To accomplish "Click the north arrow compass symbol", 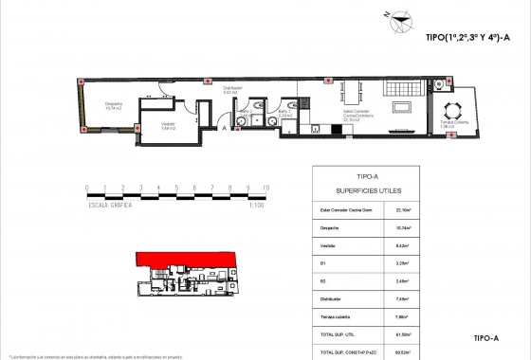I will pyautogui.click(x=405, y=16).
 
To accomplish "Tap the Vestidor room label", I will pyautogui.click(x=167, y=127).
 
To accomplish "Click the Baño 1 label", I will pyautogui.click(x=284, y=113).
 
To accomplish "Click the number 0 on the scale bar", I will pyautogui.click(x=86, y=189).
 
